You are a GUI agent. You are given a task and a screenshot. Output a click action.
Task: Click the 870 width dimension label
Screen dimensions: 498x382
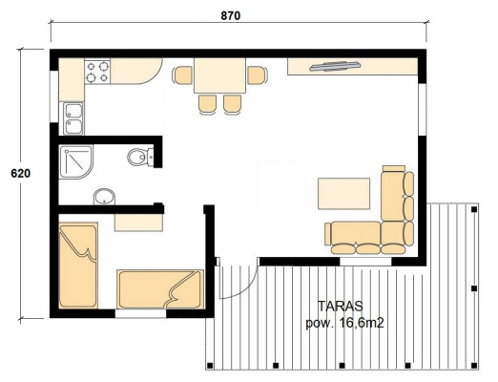[231, 15]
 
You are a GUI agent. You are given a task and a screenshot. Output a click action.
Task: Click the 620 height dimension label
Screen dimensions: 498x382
[21, 174]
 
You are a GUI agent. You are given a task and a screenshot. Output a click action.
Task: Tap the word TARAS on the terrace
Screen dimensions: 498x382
[341, 307]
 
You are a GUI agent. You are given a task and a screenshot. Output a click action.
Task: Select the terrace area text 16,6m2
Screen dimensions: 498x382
[362, 324]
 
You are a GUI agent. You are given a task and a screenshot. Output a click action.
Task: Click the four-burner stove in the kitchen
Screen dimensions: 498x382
[97, 72]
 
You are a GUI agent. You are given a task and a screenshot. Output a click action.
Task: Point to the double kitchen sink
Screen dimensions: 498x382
[73, 118]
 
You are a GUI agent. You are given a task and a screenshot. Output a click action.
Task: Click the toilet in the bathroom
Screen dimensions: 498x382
[140, 157]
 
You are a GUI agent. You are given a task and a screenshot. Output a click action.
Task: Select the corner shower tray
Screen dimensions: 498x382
[75, 161]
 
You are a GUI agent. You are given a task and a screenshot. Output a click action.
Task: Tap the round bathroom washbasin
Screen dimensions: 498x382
[104, 197]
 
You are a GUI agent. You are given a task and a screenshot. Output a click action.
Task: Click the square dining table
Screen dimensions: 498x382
[219, 75]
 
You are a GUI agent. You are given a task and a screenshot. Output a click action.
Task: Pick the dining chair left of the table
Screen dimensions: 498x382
[182, 75]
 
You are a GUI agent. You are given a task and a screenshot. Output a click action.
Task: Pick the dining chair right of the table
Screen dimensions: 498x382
[258, 75]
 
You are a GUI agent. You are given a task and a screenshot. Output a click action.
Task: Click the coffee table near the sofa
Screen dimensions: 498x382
[343, 194]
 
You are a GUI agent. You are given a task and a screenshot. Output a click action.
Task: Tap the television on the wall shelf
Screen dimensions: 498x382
[335, 66]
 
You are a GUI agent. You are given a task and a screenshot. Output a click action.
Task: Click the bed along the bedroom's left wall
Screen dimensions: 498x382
[78, 265]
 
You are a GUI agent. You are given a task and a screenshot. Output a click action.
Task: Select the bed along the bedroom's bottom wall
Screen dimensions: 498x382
[160, 289]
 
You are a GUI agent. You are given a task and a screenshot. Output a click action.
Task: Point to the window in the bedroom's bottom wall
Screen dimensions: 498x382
[140, 313]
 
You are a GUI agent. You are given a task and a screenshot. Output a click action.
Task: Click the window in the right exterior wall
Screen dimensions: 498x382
[422, 110]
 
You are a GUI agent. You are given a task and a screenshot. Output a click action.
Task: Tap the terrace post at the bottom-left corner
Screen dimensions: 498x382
[210, 365]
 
